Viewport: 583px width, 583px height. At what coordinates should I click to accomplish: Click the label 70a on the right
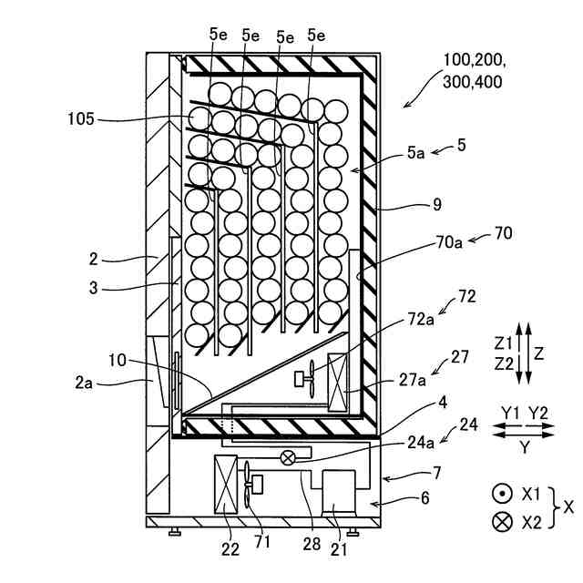(x=449, y=241)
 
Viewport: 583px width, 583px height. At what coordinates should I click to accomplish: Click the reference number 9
(x=437, y=205)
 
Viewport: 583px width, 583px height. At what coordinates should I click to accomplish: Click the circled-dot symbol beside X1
(x=500, y=494)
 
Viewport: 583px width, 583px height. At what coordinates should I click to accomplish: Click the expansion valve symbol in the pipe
(x=287, y=457)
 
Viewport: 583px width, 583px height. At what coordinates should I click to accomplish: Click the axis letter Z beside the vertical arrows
(x=539, y=351)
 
